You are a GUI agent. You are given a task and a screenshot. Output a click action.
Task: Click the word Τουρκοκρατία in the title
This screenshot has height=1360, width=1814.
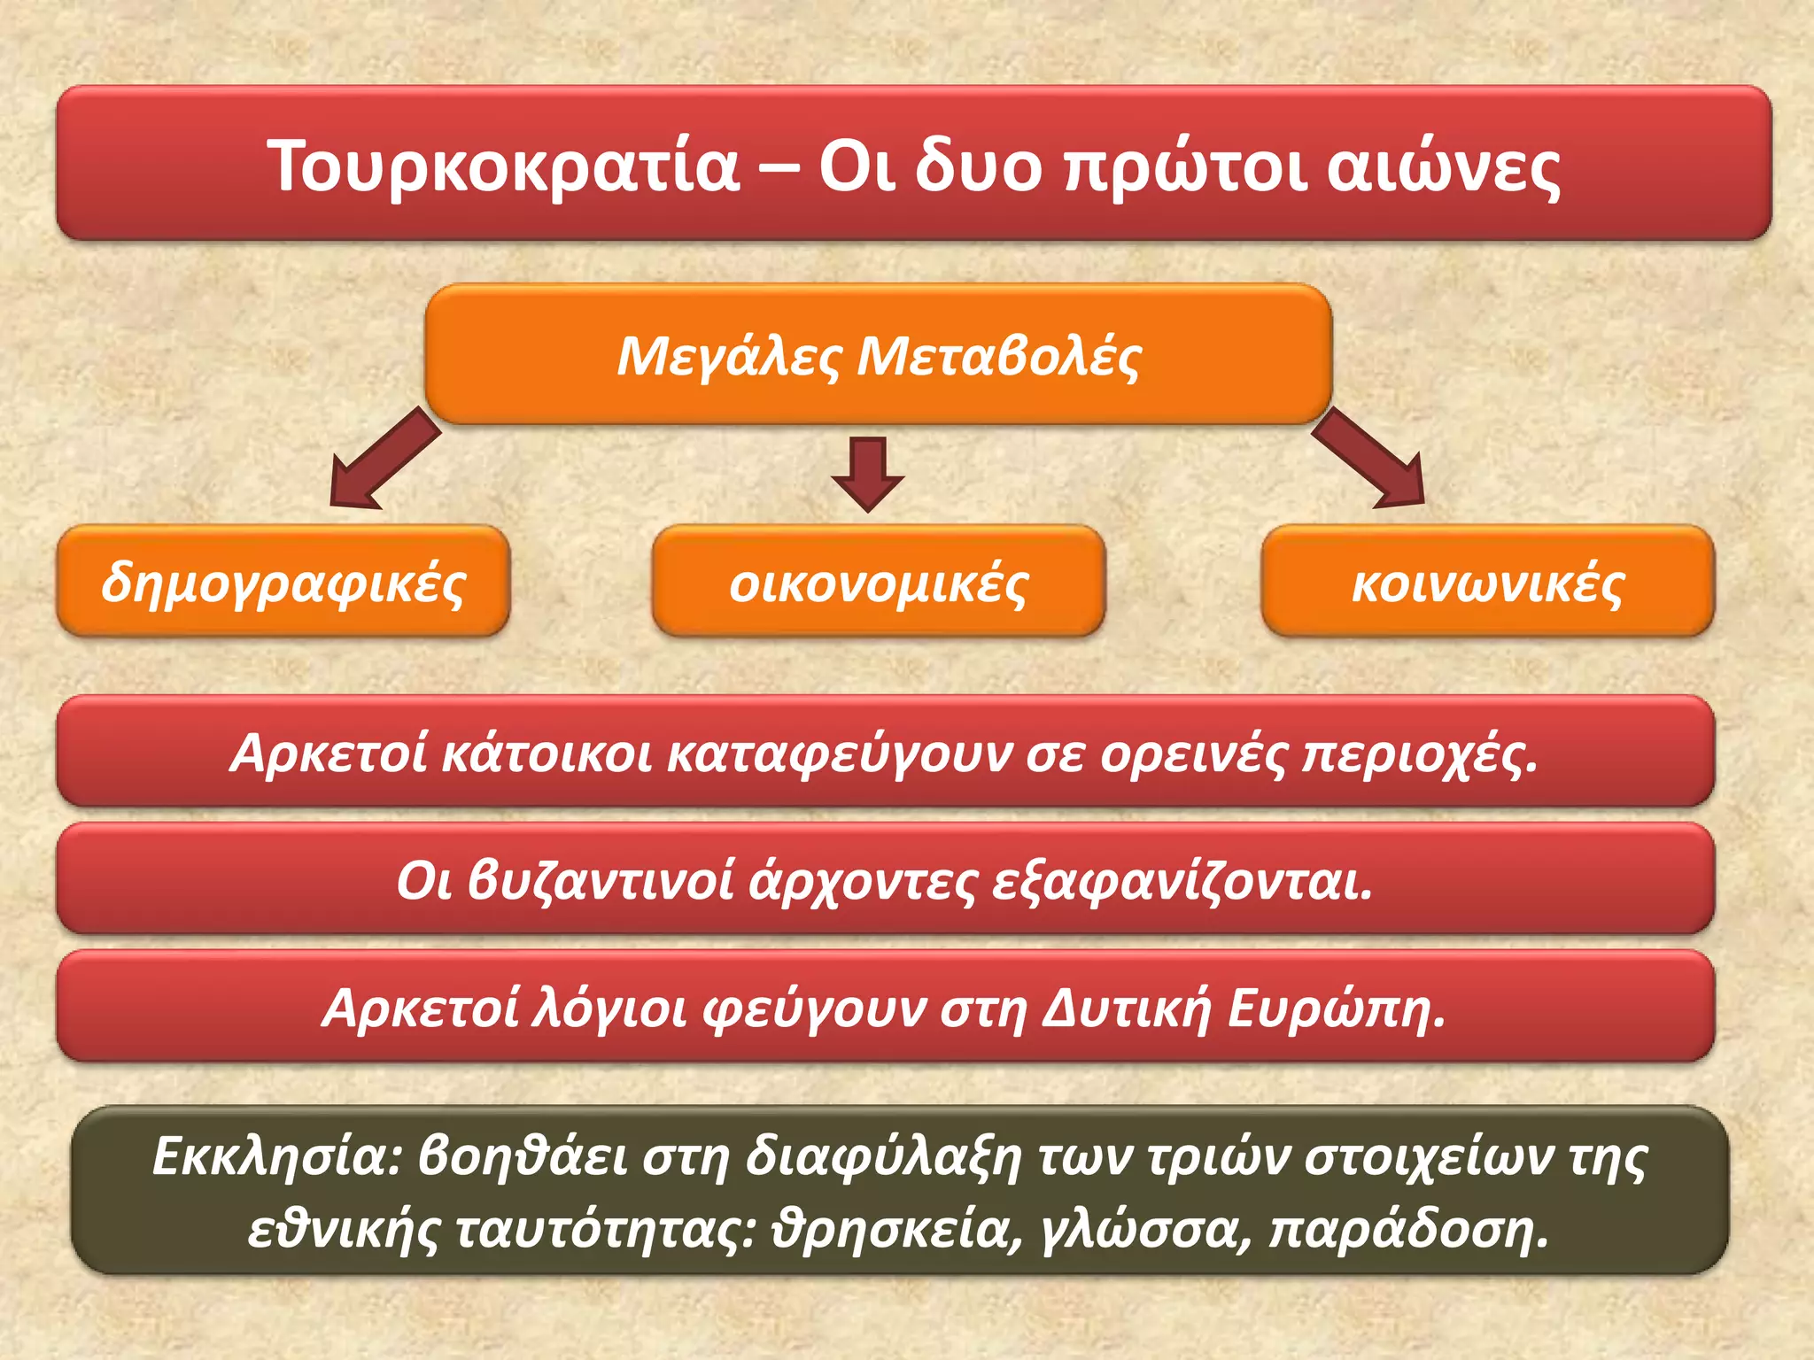tap(503, 166)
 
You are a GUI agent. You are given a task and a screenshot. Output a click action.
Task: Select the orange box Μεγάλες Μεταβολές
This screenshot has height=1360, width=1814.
tap(879, 355)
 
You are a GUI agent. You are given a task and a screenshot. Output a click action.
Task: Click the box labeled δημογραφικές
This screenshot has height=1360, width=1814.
tap(283, 582)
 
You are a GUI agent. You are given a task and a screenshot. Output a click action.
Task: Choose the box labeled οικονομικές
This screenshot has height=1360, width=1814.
tap(879, 582)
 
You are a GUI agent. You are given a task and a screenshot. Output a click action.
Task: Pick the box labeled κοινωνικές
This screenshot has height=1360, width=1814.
tap(1488, 582)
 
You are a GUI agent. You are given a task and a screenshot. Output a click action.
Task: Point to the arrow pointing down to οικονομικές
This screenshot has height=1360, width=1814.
tap(868, 474)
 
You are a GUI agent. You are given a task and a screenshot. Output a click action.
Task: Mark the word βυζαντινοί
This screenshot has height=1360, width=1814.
tap(601, 880)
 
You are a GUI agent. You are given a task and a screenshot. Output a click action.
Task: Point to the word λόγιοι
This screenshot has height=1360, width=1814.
tap(609, 1008)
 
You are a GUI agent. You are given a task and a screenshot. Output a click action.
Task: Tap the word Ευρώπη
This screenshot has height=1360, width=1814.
tap(1337, 1008)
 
